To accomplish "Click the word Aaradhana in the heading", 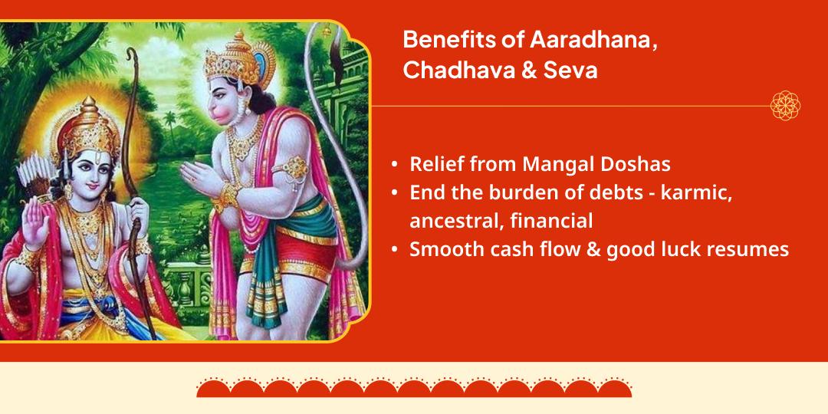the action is pos(593,40).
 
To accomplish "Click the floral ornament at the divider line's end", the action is pos(785,106).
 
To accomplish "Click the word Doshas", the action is pos(638,164).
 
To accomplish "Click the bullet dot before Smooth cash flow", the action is pos(395,250).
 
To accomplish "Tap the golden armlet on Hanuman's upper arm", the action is pos(295,168).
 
